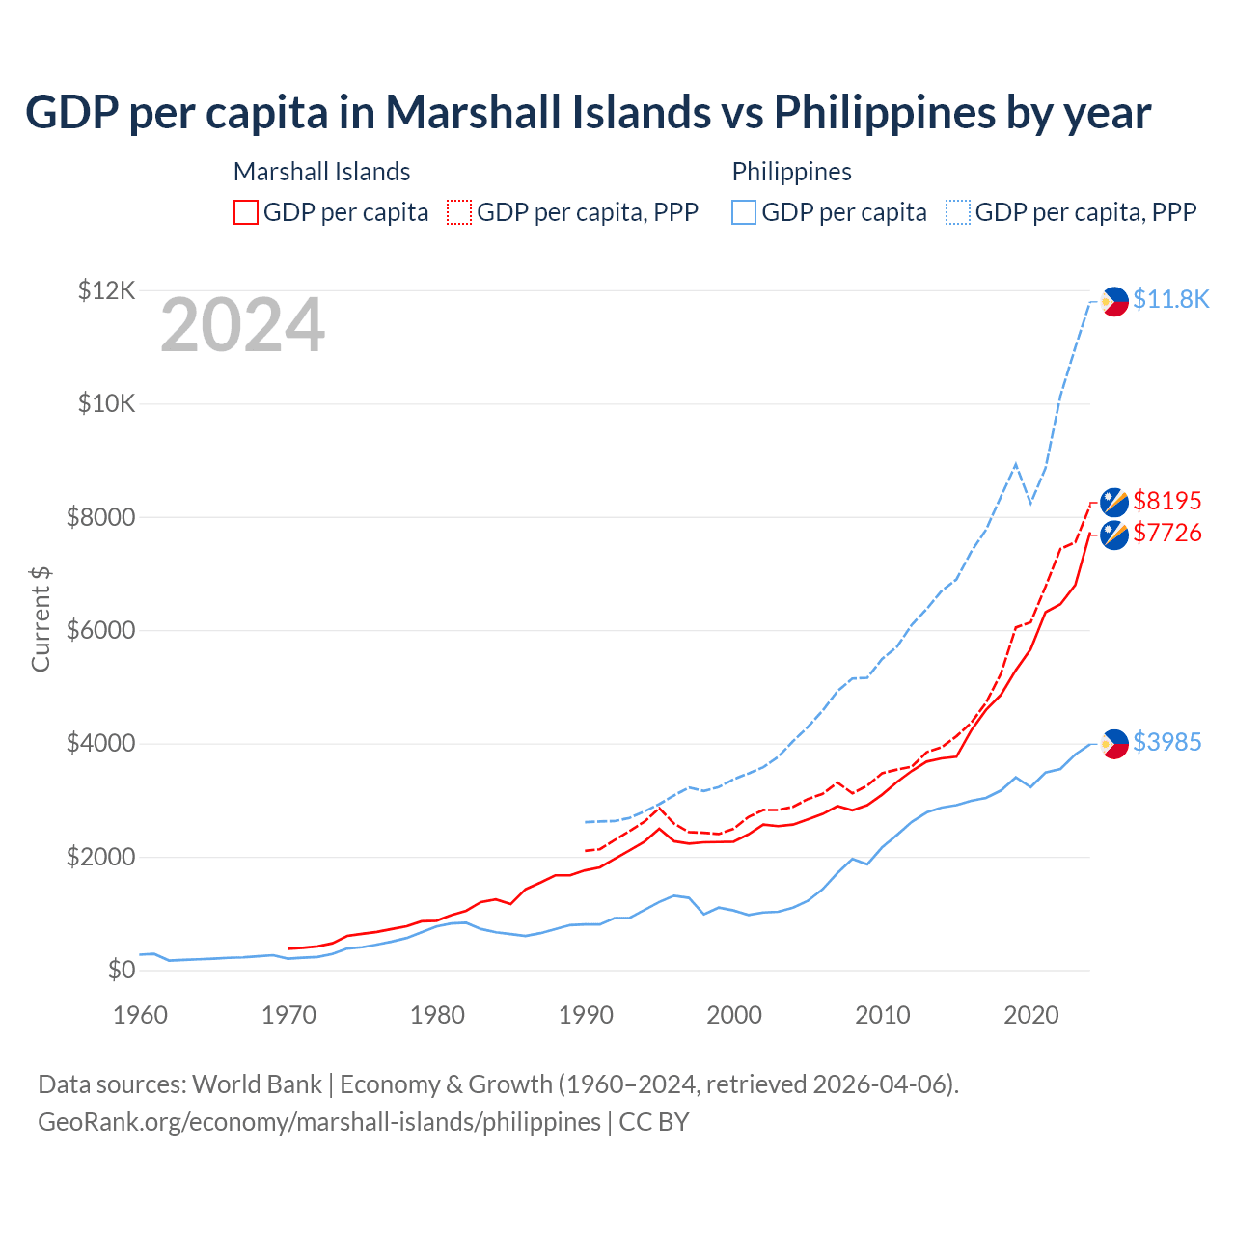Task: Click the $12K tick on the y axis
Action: [x=106, y=290]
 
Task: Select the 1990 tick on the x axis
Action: [x=586, y=1015]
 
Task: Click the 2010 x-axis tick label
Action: [x=883, y=1015]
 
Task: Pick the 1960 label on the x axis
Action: [x=140, y=1015]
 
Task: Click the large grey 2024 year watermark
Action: [x=242, y=326]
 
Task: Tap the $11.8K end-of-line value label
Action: [x=1170, y=300]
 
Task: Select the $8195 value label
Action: [x=1167, y=501]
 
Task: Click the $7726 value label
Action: [x=1167, y=533]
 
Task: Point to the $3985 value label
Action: [x=1167, y=742]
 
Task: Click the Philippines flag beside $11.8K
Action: [x=1114, y=302]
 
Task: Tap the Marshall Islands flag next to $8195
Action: [x=1114, y=502]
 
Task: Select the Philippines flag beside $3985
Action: [x=1114, y=744]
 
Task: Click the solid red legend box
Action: [x=246, y=212]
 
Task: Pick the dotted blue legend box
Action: [x=958, y=212]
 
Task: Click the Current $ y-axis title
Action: [x=41, y=618]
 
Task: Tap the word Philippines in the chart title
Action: [x=885, y=113]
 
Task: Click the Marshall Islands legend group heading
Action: [x=321, y=172]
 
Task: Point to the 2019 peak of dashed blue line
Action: [x=1015, y=464]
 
